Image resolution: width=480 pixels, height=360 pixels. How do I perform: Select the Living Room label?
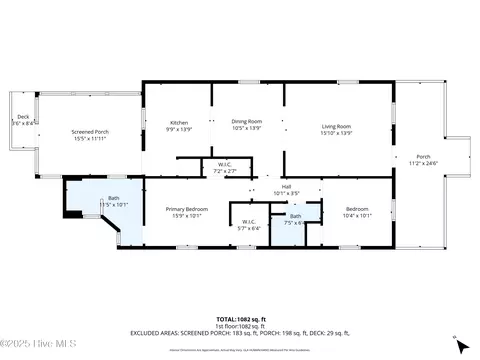click(335, 126)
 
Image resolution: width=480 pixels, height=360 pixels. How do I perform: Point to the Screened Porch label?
click(90, 132)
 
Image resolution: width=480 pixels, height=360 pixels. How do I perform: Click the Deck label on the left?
click(22, 117)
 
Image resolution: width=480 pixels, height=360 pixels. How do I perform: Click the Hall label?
click(286, 186)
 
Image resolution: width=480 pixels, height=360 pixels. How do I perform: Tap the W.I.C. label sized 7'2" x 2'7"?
click(226, 165)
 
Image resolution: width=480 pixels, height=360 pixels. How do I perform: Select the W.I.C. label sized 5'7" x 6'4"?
click(249, 222)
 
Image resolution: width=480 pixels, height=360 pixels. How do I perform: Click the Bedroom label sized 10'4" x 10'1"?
click(356, 208)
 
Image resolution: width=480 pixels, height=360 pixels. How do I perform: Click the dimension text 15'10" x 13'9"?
click(335, 131)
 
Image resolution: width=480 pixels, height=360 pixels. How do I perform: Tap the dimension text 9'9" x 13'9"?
click(177, 129)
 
